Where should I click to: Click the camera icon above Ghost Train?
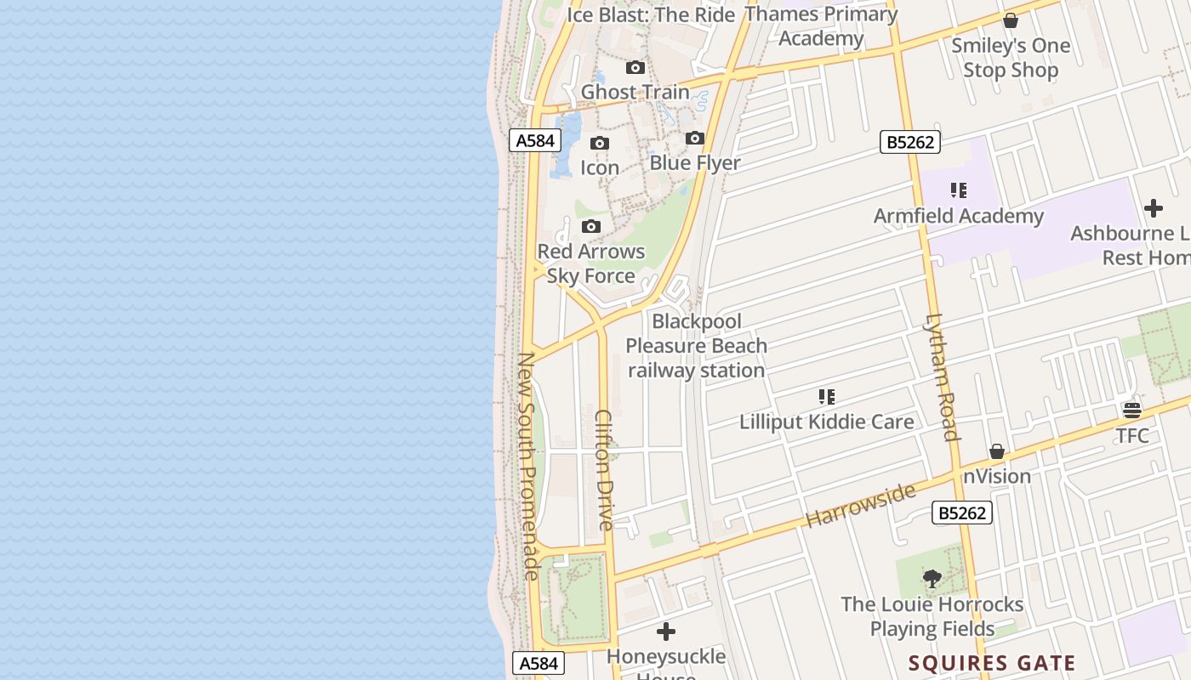[635, 68]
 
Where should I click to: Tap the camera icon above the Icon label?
[600, 144]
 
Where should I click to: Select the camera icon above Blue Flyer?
[695, 139]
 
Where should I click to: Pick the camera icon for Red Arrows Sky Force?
[591, 227]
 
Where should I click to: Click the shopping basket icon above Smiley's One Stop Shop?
[1011, 20]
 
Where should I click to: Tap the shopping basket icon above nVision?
[997, 451]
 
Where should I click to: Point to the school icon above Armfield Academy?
[959, 191]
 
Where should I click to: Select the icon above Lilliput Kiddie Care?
[826, 397]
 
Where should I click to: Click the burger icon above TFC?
[1131, 411]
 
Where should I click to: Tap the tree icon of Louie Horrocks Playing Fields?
[932, 580]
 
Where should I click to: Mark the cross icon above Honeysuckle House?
[666, 632]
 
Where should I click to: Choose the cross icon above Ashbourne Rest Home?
[1154, 208]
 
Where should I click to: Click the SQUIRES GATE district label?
[992, 663]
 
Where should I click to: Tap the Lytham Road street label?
[942, 377]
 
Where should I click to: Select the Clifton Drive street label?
[605, 469]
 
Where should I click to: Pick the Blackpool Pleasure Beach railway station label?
[697, 346]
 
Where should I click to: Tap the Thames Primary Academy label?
[821, 26]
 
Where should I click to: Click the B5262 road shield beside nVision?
[962, 513]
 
